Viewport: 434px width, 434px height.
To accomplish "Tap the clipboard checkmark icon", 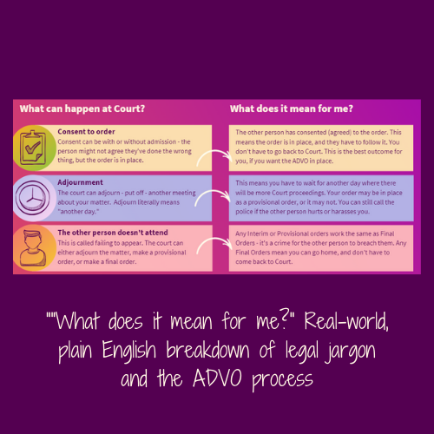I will point(36,146).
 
